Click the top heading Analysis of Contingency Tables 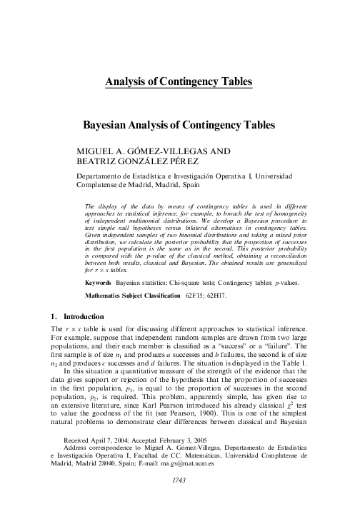tap(179, 82)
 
